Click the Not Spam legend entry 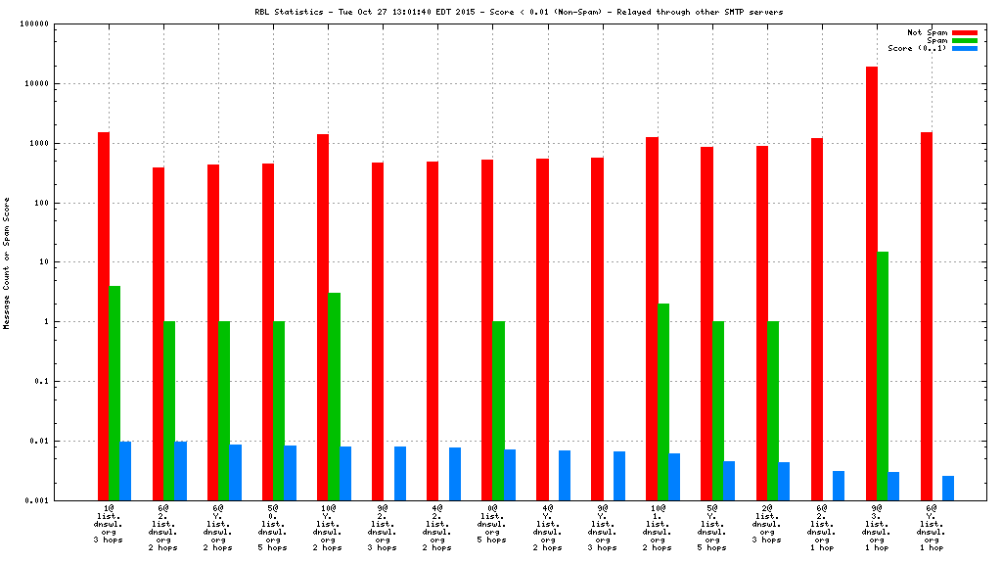tap(964, 32)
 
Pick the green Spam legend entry tap(964, 40)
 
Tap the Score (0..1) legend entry tap(964, 48)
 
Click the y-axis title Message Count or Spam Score tap(7, 262)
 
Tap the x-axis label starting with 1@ tap(108, 524)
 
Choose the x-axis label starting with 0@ tap(491, 524)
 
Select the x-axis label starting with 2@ tap(766, 524)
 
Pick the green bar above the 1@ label tap(114, 393)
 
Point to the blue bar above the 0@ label tap(510, 475)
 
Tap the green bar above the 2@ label tap(773, 410)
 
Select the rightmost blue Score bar tap(948, 488)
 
